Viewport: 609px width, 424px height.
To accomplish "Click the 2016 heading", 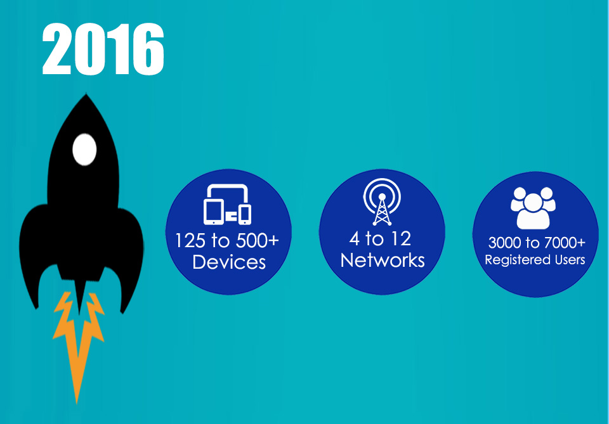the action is (x=103, y=49).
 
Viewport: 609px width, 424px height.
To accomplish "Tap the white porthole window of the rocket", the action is (x=84, y=150).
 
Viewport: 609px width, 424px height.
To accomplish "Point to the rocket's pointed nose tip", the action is (x=86, y=94).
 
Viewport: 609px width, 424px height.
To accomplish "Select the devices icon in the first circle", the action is (x=227, y=205).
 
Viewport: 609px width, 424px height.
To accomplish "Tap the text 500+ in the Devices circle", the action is (x=258, y=240).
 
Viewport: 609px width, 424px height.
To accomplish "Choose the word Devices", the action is (x=229, y=262).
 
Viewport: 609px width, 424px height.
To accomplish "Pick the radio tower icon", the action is (x=382, y=202).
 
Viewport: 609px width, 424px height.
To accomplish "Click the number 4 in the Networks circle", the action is (x=354, y=238).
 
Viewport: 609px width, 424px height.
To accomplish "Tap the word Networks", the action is (x=383, y=260).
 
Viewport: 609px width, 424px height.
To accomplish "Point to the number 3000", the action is (x=504, y=243).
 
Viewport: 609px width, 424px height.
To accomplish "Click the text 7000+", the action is (x=565, y=243).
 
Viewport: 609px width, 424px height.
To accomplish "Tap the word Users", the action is (x=570, y=259).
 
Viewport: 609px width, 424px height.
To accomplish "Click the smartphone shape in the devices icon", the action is (x=245, y=214).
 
